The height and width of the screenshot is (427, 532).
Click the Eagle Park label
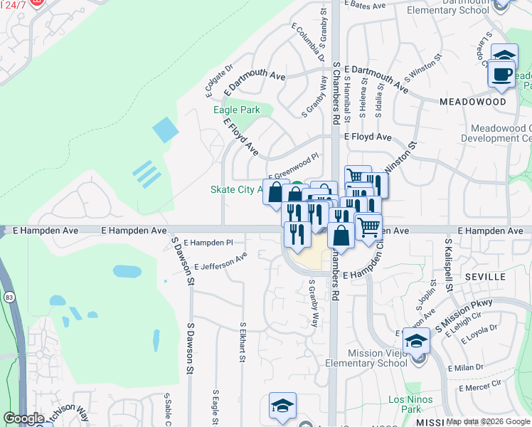[237, 110]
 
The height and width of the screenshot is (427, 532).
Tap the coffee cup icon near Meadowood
[502, 74]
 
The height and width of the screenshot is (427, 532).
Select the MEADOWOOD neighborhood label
[472, 102]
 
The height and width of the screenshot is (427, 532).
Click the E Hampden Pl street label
[208, 243]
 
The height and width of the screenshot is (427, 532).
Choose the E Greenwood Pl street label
[293, 163]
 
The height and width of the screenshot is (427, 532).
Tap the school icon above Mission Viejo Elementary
[416, 341]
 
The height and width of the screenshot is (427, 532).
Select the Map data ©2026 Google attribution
[488, 421]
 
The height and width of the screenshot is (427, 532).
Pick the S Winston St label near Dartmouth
[423, 68]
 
